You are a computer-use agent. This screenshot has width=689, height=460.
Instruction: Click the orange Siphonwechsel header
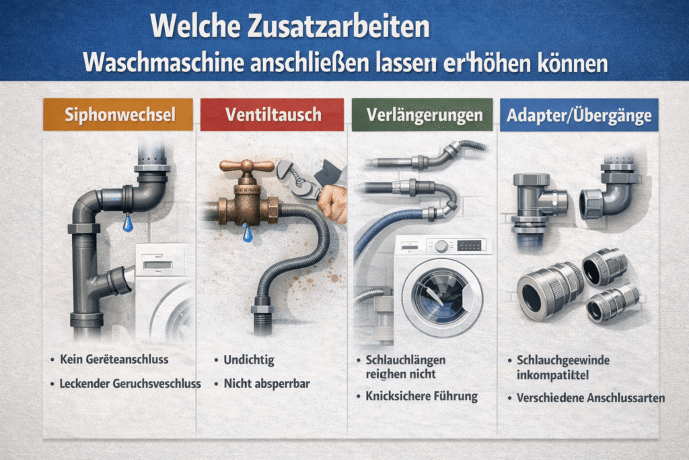click(x=118, y=114)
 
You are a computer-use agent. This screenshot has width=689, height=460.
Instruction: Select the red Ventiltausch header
click(x=272, y=114)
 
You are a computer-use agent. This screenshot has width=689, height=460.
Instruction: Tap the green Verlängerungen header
click(x=423, y=114)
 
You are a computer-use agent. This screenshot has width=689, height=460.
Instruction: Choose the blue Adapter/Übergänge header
click(x=579, y=114)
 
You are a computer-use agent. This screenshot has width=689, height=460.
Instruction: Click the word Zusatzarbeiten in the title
click(x=338, y=26)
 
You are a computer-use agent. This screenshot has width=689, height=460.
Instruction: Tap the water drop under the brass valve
click(x=248, y=232)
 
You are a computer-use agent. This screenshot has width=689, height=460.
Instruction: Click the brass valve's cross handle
click(x=247, y=166)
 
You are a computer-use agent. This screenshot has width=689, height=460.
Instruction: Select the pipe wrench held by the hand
click(x=301, y=178)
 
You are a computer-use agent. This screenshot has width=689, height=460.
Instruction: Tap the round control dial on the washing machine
click(x=441, y=247)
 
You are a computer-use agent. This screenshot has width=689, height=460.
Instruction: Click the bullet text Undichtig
click(x=249, y=360)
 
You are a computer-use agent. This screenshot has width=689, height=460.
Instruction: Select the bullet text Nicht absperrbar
click(x=266, y=383)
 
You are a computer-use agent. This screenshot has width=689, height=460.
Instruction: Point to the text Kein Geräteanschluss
click(x=114, y=359)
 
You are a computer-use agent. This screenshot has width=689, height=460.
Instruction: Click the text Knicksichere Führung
click(x=421, y=396)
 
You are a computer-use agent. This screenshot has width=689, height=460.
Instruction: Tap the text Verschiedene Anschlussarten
click(x=591, y=398)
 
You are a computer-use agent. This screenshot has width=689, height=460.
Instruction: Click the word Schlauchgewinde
click(x=563, y=360)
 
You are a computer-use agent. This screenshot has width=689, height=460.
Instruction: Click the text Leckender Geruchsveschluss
click(x=130, y=383)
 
